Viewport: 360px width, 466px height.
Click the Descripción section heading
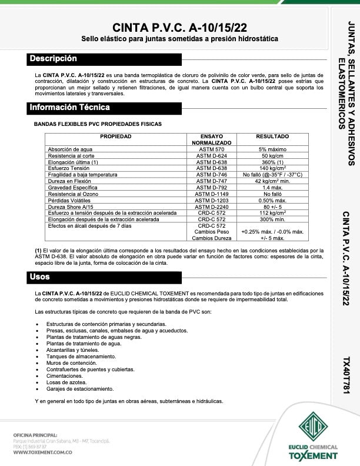(54, 59)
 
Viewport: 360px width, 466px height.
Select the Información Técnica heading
(69, 108)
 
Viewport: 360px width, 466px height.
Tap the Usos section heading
(40, 277)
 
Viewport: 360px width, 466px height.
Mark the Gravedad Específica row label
(74, 187)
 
